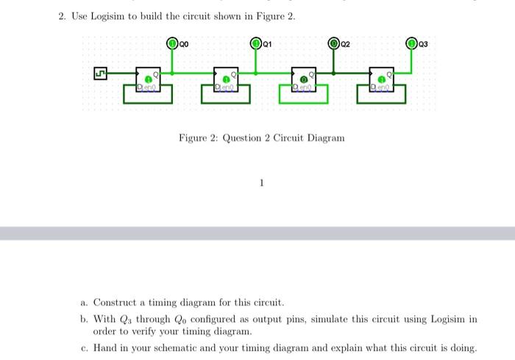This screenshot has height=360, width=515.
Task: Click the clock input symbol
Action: click(99, 74)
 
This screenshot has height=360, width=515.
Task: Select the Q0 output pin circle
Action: click(173, 43)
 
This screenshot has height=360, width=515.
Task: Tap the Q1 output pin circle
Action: click(256, 43)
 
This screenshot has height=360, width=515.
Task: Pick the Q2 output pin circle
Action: click(334, 43)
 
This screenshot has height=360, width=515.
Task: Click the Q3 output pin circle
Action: click(413, 43)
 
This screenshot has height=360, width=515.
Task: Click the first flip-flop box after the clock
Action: click(149, 80)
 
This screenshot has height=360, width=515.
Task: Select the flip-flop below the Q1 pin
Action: click(226, 80)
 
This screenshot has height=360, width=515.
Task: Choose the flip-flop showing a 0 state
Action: click(304, 80)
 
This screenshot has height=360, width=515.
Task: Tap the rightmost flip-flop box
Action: click(382, 80)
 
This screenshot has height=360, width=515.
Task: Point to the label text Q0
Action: click(185, 44)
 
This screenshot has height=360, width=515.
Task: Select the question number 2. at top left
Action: click(63, 17)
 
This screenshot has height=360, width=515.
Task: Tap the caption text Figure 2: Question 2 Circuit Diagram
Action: click(261, 138)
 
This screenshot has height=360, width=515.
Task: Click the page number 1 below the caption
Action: click(261, 183)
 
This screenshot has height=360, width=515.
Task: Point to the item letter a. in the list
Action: click(85, 303)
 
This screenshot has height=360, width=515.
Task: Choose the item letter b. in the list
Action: click(85, 319)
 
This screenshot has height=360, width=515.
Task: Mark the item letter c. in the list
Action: click(85, 347)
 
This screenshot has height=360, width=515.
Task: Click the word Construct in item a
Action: click(116, 303)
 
